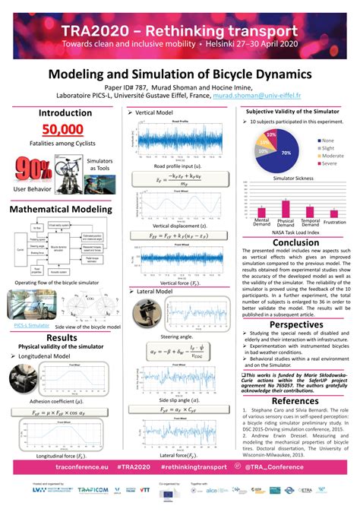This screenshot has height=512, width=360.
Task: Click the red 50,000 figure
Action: tap(62, 130)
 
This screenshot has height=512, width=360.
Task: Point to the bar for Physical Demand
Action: tap(286, 208)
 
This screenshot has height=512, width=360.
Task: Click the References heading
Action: tap(296, 400)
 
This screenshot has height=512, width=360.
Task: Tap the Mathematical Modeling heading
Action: tap(61, 209)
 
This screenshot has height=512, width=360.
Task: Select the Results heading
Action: tap(62, 337)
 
